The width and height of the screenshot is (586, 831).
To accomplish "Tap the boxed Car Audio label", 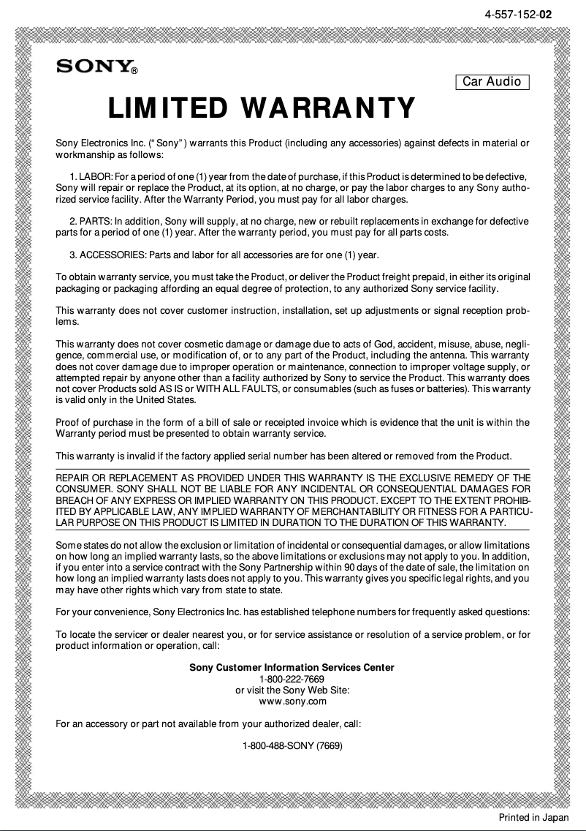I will tap(492, 82).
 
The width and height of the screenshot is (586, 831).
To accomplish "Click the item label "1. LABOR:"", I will tap(91, 177).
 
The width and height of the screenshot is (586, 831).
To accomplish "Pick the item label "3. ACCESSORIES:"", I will tap(107, 255).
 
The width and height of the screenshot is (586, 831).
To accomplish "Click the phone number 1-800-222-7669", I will tap(292, 679).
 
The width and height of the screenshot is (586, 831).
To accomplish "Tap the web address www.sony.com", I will tap(292, 702).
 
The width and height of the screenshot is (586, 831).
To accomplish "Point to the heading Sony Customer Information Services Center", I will tap(292, 667).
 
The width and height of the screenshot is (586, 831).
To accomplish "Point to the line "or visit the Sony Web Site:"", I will tap(292, 690).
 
